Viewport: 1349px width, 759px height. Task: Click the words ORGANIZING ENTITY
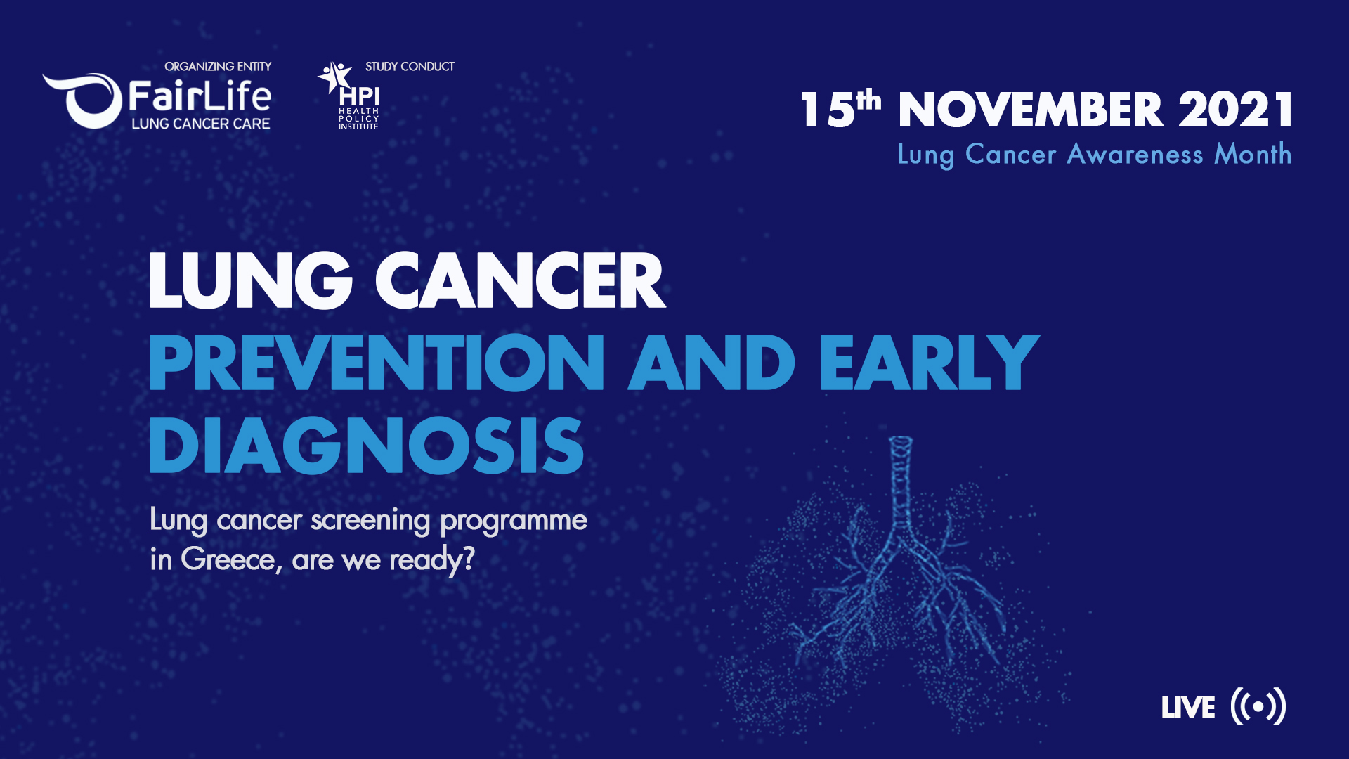[x=218, y=67]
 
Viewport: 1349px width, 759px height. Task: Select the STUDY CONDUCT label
[x=410, y=67]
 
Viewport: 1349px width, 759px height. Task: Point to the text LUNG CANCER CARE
[x=201, y=124]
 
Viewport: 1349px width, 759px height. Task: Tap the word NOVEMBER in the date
[x=1030, y=110]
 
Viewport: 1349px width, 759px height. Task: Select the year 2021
[x=1235, y=110]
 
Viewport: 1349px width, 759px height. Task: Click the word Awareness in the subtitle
[x=1135, y=154]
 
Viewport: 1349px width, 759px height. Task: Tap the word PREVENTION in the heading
[x=377, y=363]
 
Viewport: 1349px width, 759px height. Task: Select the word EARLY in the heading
[x=929, y=363]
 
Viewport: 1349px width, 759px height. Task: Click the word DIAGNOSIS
[x=366, y=446]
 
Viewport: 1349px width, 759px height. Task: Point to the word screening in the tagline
[x=370, y=521]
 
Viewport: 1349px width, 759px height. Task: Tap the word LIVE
[x=1188, y=708]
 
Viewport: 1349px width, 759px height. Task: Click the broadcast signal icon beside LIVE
[x=1258, y=706]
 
